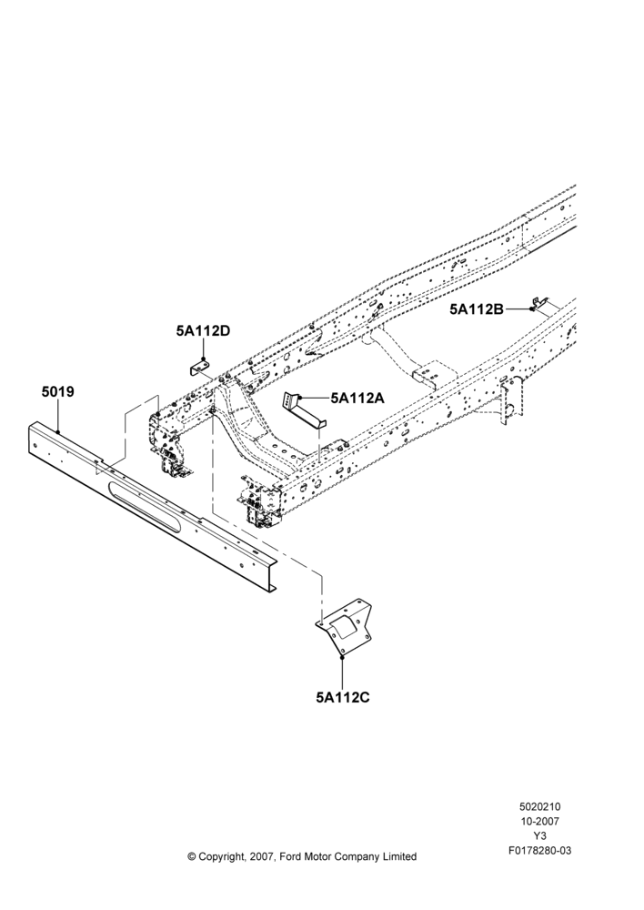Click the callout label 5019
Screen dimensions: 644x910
(x=58, y=391)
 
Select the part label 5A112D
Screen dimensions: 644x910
(x=203, y=331)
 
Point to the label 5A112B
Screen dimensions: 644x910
(x=477, y=309)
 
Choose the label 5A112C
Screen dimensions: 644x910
(x=343, y=697)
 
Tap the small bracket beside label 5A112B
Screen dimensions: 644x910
(x=540, y=303)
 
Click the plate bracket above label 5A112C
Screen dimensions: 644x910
(x=345, y=629)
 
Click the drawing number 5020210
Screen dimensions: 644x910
(x=539, y=806)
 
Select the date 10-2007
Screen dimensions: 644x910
(x=539, y=821)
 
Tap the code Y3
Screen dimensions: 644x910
(x=539, y=836)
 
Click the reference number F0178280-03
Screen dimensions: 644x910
(x=539, y=851)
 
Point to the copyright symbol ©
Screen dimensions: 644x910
(x=191, y=856)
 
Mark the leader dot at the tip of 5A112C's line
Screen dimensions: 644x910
(x=343, y=657)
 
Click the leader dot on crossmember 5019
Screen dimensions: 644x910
(x=58, y=431)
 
